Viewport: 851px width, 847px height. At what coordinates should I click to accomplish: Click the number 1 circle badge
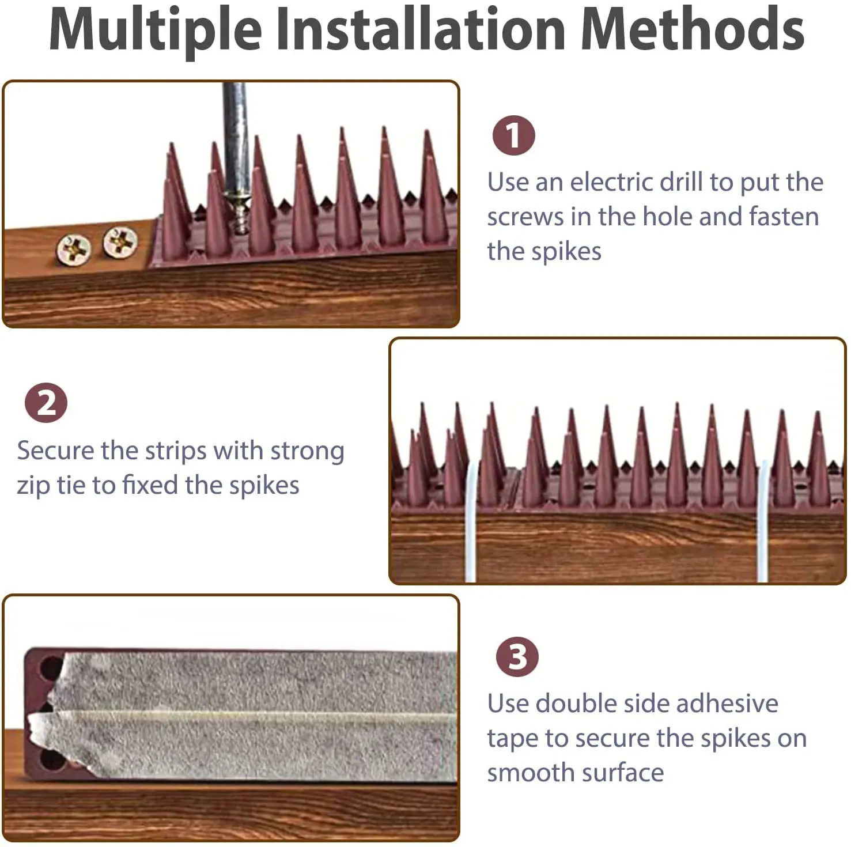(x=513, y=136)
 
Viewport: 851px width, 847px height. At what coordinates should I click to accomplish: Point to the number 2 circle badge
(x=46, y=403)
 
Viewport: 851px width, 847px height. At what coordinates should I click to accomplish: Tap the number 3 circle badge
(x=517, y=657)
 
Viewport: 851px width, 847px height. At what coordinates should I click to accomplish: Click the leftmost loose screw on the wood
(x=74, y=249)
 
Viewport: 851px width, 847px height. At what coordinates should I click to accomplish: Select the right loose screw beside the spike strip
(x=120, y=242)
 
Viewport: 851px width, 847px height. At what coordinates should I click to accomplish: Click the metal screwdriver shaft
(x=235, y=138)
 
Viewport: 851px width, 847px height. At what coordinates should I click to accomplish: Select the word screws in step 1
(x=525, y=217)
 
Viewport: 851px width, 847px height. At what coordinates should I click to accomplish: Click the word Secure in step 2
(x=55, y=451)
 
